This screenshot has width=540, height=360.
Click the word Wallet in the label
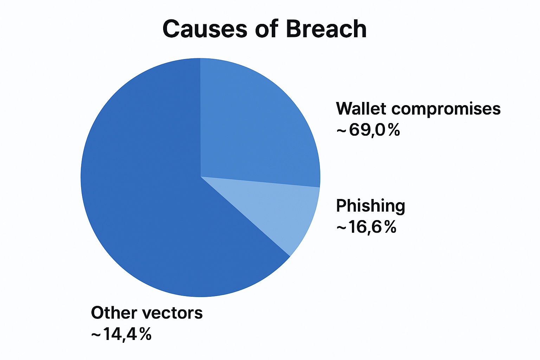click(361, 109)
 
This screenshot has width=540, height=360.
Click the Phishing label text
click(371, 206)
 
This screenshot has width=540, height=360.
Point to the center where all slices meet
click(201, 176)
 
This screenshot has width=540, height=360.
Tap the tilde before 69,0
click(341, 131)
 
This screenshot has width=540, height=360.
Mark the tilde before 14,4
click(96, 335)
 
